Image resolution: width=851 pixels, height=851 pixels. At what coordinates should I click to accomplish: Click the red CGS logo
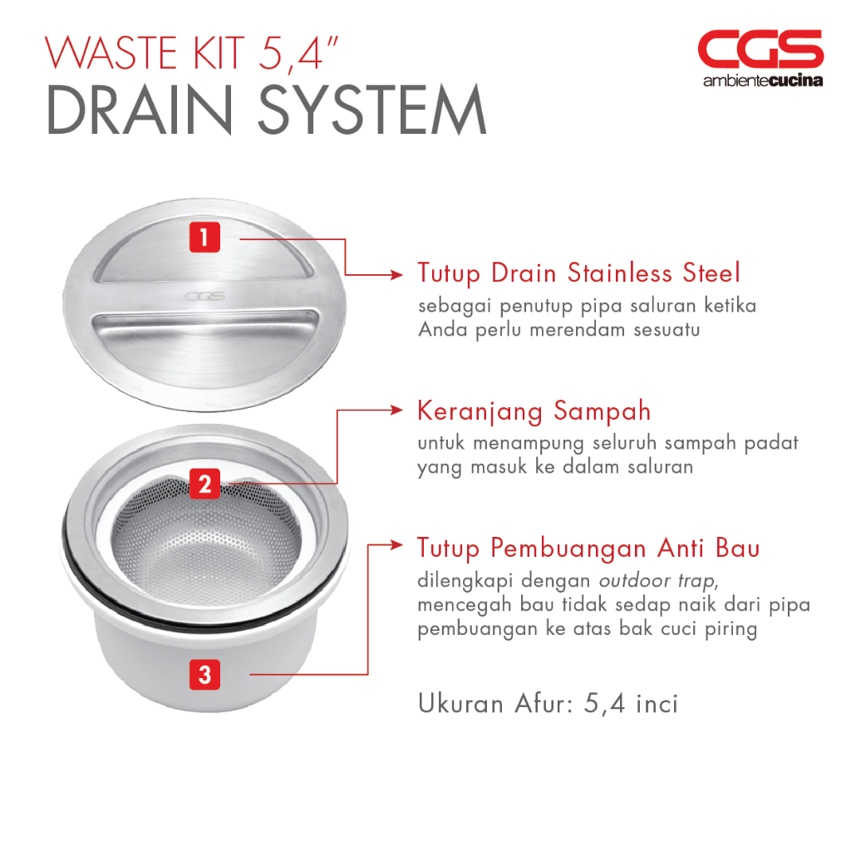click(x=760, y=49)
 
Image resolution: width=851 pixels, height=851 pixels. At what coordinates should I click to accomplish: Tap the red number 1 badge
click(x=204, y=237)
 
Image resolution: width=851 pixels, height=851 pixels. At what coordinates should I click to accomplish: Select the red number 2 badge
click(x=204, y=485)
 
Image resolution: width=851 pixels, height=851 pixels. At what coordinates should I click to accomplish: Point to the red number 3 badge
click(x=204, y=675)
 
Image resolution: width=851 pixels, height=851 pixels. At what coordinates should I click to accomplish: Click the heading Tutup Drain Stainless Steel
click(x=578, y=273)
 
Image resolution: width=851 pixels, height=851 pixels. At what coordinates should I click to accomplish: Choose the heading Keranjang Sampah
click(x=534, y=411)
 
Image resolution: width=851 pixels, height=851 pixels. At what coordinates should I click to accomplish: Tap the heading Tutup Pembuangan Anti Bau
click(x=588, y=548)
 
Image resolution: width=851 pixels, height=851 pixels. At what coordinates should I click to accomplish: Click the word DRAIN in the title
click(x=140, y=110)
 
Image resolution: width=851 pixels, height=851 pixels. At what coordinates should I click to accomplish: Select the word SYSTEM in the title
click(x=372, y=110)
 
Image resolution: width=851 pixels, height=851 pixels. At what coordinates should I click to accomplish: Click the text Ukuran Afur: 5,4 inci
click(x=548, y=704)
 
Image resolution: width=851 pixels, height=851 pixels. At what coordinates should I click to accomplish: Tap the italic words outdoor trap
click(x=657, y=581)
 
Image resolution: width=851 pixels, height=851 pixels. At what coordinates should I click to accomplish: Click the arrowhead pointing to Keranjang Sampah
click(x=396, y=411)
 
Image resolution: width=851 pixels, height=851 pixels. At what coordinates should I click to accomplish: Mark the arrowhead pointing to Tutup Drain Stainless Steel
click(x=396, y=275)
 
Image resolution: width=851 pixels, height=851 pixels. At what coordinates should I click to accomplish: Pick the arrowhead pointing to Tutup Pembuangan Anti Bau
click(x=396, y=545)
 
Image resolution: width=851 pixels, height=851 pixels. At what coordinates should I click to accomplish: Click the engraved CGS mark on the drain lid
click(x=204, y=297)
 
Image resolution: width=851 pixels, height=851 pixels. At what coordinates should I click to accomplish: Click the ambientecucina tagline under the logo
click(x=763, y=81)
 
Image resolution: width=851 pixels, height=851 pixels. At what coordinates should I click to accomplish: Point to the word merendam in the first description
click(x=577, y=330)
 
